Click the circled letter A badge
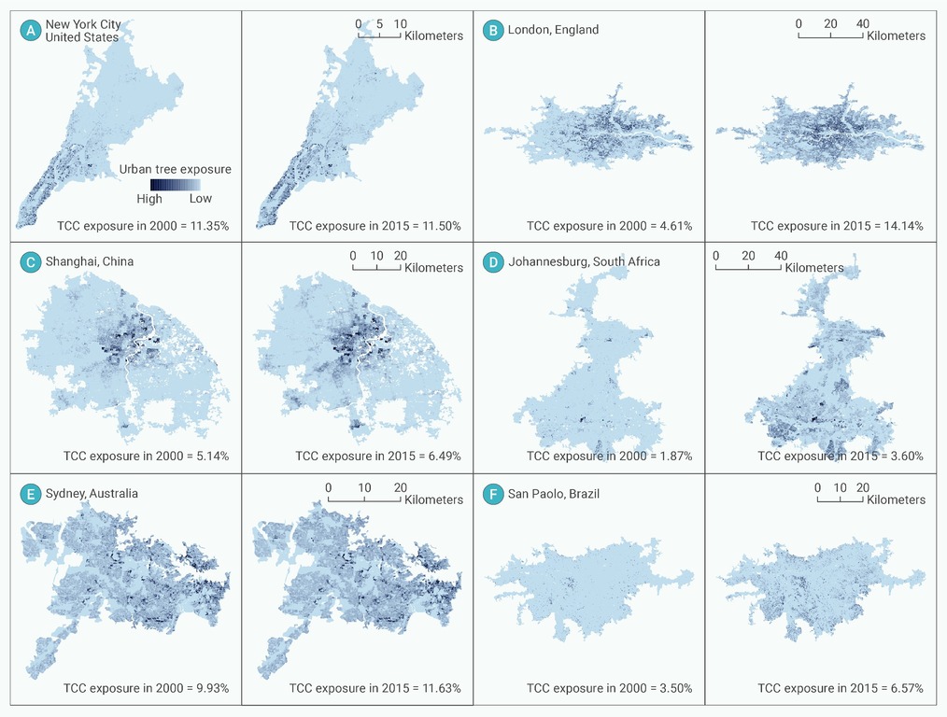point(30,30)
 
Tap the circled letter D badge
point(493,262)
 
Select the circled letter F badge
point(493,494)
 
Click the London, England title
point(553,30)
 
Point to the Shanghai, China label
point(90,261)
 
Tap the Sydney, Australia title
point(92,493)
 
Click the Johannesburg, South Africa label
point(584,261)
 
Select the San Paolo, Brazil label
point(554,494)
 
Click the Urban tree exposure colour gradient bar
point(176,185)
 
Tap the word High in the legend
point(149,199)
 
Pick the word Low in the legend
point(201,198)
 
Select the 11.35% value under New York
point(209,226)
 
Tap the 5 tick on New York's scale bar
point(379,24)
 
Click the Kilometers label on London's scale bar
point(897,35)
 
